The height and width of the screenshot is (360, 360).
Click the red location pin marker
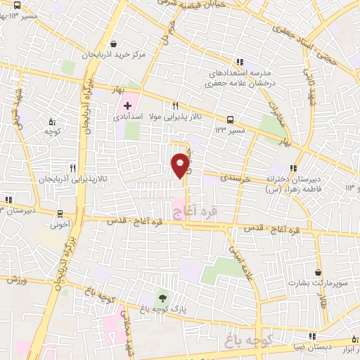(181, 165)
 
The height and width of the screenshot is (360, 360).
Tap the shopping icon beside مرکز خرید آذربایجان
(114, 43)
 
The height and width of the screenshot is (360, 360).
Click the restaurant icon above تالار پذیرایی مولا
(186, 105)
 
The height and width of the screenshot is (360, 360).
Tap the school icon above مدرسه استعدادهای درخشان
(240, 61)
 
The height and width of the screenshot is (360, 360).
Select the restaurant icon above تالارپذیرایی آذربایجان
(72, 168)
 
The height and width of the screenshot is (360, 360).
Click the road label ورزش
(17, 280)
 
